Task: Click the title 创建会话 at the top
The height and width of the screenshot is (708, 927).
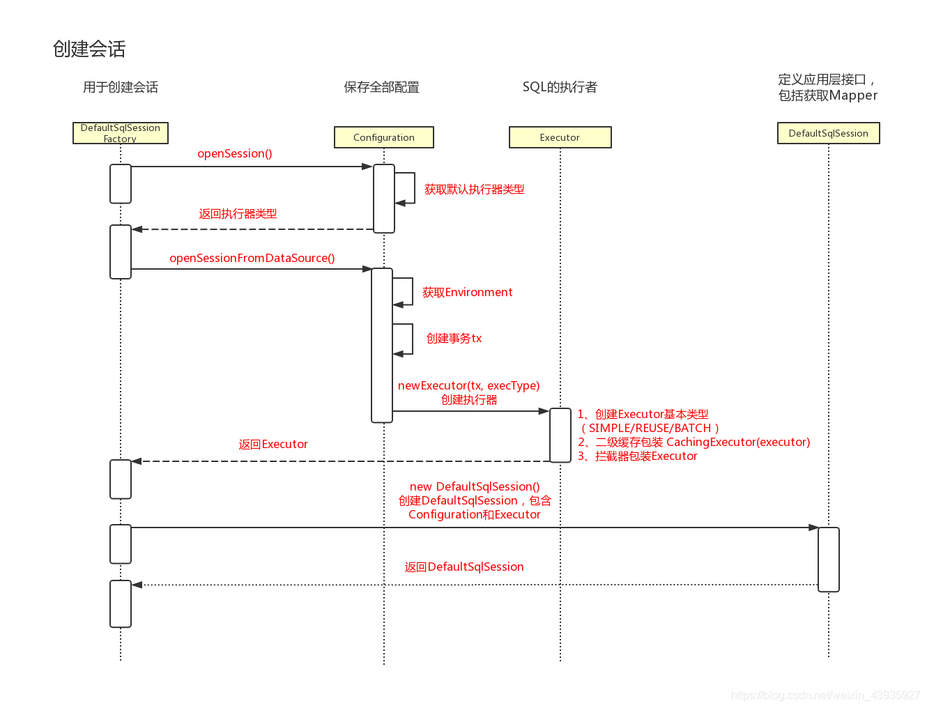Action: tap(89, 49)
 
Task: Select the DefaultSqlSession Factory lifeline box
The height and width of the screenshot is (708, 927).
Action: tap(121, 133)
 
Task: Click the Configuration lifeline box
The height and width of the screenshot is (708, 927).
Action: tap(384, 137)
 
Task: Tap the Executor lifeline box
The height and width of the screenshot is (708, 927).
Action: tap(560, 137)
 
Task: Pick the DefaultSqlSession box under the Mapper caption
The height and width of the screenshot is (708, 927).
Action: tap(828, 133)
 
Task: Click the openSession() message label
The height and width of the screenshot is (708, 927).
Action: tap(235, 153)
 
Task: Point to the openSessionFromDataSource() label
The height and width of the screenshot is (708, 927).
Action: tap(252, 258)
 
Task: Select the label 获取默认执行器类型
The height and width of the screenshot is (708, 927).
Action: tap(474, 190)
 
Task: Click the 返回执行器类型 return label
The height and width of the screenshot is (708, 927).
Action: tap(238, 214)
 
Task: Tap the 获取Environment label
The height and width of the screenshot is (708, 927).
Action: tap(467, 293)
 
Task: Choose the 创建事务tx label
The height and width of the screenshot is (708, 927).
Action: tap(454, 339)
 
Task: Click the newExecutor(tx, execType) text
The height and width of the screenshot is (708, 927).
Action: tap(468, 385)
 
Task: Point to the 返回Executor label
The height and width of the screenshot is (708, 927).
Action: tap(273, 445)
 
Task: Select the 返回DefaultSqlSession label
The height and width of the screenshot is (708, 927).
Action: tap(464, 567)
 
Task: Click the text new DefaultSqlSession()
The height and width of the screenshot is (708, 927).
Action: tap(474, 486)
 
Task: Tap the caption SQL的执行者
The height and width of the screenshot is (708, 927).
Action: tap(560, 87)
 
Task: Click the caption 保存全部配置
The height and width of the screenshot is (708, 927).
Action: tap(382, 87)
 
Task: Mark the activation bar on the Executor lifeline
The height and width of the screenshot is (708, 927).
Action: tap(560, 435)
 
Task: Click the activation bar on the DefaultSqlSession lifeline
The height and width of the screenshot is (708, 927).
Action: tap(829, 559)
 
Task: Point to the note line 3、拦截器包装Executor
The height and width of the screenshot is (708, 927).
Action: tap(637, 456)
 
